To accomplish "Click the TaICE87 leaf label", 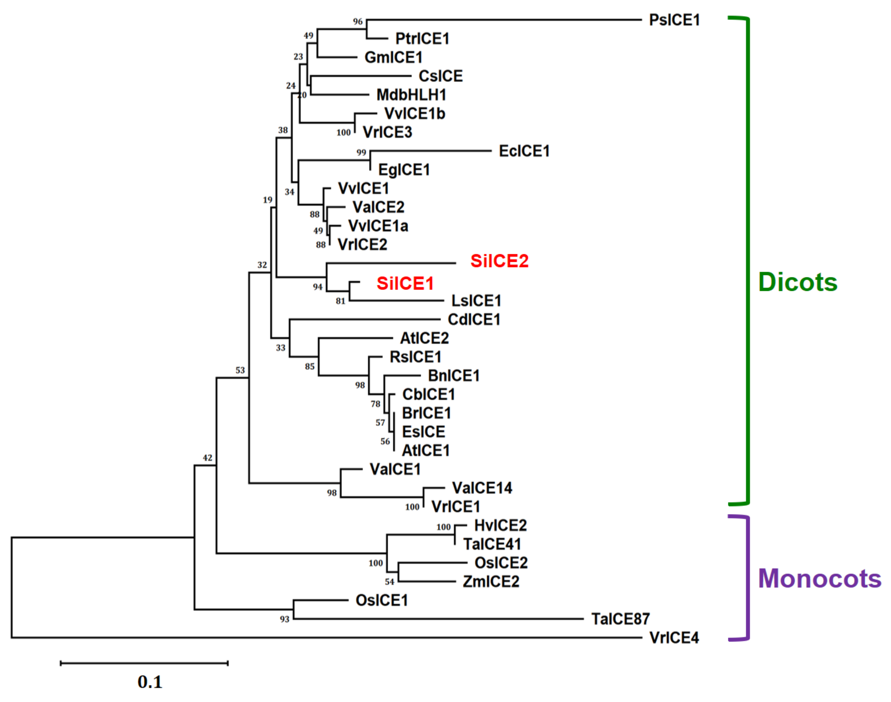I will [x=620, y=619].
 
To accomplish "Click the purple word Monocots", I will [x=819, y=579].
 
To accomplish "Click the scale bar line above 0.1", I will [x=144, y=663].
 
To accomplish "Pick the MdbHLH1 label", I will [x=411, y=95].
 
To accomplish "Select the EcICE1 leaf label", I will [x=524, y=151].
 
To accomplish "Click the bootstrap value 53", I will [x=240, y=370].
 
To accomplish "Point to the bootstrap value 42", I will [x=208, y=458].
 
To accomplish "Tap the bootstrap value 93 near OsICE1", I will [x=284, y=619].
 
